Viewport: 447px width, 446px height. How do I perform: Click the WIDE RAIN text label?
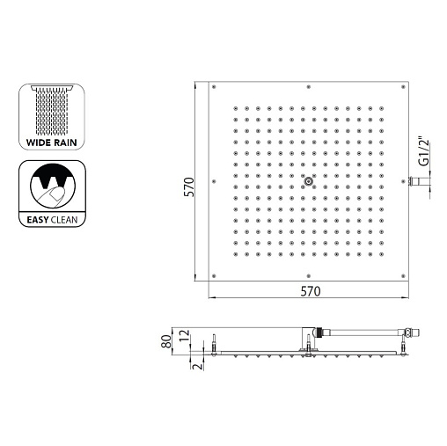coord(52,143)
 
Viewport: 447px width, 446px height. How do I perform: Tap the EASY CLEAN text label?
coord(52,220)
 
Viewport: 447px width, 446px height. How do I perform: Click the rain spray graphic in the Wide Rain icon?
coord(52,111)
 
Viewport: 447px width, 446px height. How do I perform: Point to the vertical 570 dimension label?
coord(189,187)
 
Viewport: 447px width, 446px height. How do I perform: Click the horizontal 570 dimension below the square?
coord(311,291)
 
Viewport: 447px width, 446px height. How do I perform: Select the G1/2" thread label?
coord(424,151)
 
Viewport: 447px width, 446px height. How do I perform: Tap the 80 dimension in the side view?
coord(166,341)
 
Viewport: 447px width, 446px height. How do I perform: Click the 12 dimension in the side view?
coord(185,336)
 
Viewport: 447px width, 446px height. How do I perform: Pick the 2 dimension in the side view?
coord(198,366)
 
